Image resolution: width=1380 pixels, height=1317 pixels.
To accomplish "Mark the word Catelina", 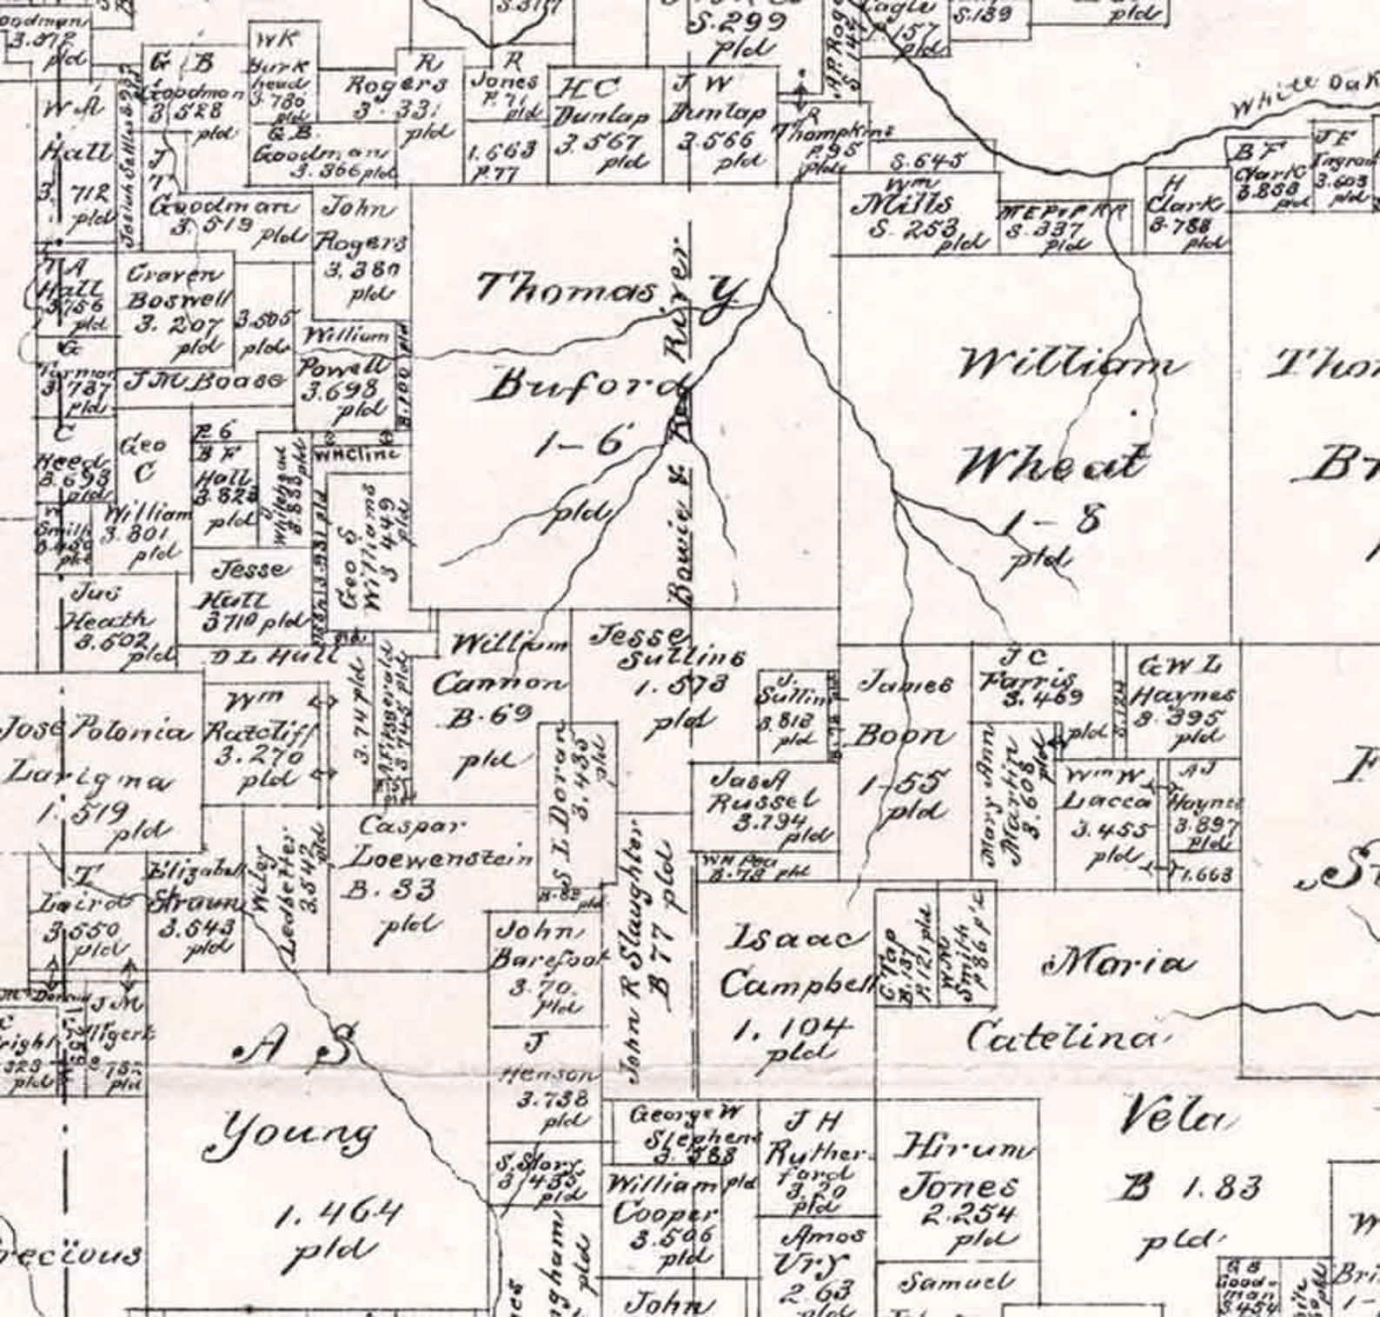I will pyautogui.click(x=1063, y=1036).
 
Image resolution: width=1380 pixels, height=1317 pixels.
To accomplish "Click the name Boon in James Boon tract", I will pyautogui.click(x=899, y=737).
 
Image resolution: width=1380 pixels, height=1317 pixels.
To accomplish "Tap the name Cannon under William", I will pyautogui.click(x=498, y=683).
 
